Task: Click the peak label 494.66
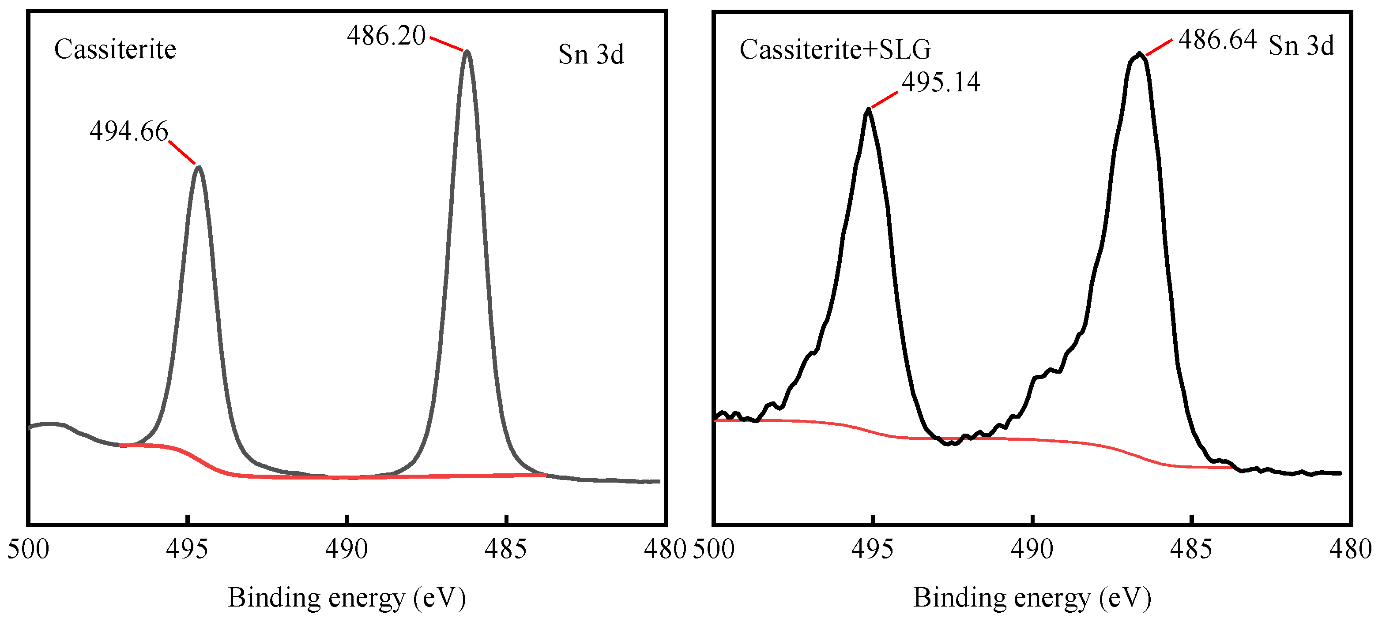point(129,131)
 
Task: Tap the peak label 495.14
point(941,82)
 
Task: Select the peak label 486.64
point(1217,40)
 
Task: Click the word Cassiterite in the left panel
point(115,49)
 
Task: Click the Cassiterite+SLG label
point(835,50)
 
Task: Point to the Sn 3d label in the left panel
point(591,55)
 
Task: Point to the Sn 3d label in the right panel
point(1301,45)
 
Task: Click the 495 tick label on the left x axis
point(187,549)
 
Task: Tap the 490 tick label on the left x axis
point(346,549)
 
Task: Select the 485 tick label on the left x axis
point(505,549)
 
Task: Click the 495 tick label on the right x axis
point(872,549)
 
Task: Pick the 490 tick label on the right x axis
point(1032,549)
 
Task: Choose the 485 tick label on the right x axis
point(1190,549)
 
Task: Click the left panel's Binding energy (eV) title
point(346,597)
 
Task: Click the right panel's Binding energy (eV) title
point(1032,597)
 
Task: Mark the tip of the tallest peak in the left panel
point(467,52)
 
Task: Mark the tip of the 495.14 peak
point(868,109)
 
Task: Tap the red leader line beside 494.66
point(182,152)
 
